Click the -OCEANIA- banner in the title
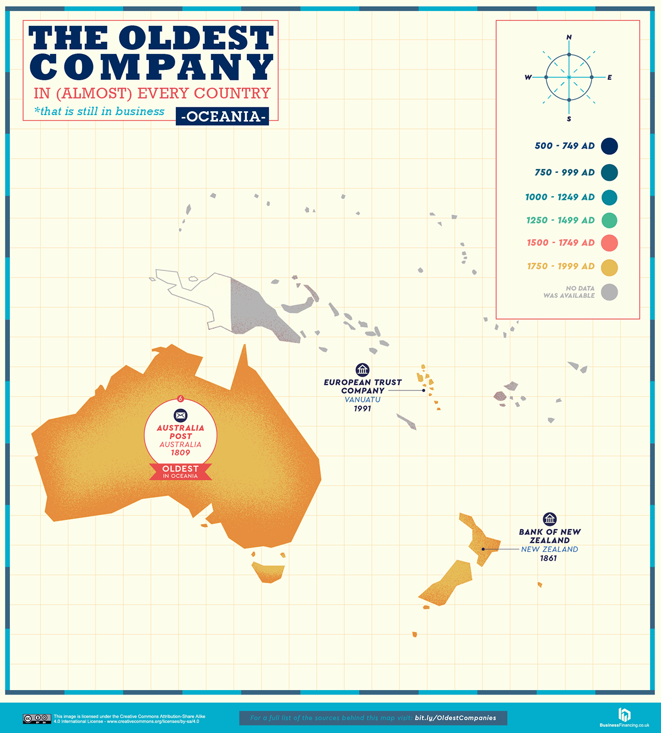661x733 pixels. tap(223, 116)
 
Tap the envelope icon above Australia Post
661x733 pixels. tap(180, 415)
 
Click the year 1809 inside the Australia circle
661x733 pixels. tap(180, 453)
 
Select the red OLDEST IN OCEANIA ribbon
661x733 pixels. tap(180, 471)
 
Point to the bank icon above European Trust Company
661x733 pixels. tap(362, 370)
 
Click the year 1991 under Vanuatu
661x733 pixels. tap(362, 409)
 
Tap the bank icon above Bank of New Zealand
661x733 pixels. tap(550, 519)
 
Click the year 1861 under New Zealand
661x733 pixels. tap(549, 558)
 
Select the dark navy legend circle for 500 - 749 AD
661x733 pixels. tap(609, 146)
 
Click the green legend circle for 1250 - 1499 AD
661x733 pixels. tap(609, 220)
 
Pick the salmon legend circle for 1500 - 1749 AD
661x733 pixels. tap(609, 243)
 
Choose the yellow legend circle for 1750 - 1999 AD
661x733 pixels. tap(609, 268)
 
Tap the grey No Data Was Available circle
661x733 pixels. tap(609, 292)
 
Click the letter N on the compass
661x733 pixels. tap(569, 37)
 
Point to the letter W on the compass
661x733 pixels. tap(528, 78)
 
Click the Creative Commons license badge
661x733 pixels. tap(37, 718)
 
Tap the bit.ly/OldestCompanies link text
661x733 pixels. tap(456, 718)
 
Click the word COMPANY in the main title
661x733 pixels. tap(151, 66)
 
